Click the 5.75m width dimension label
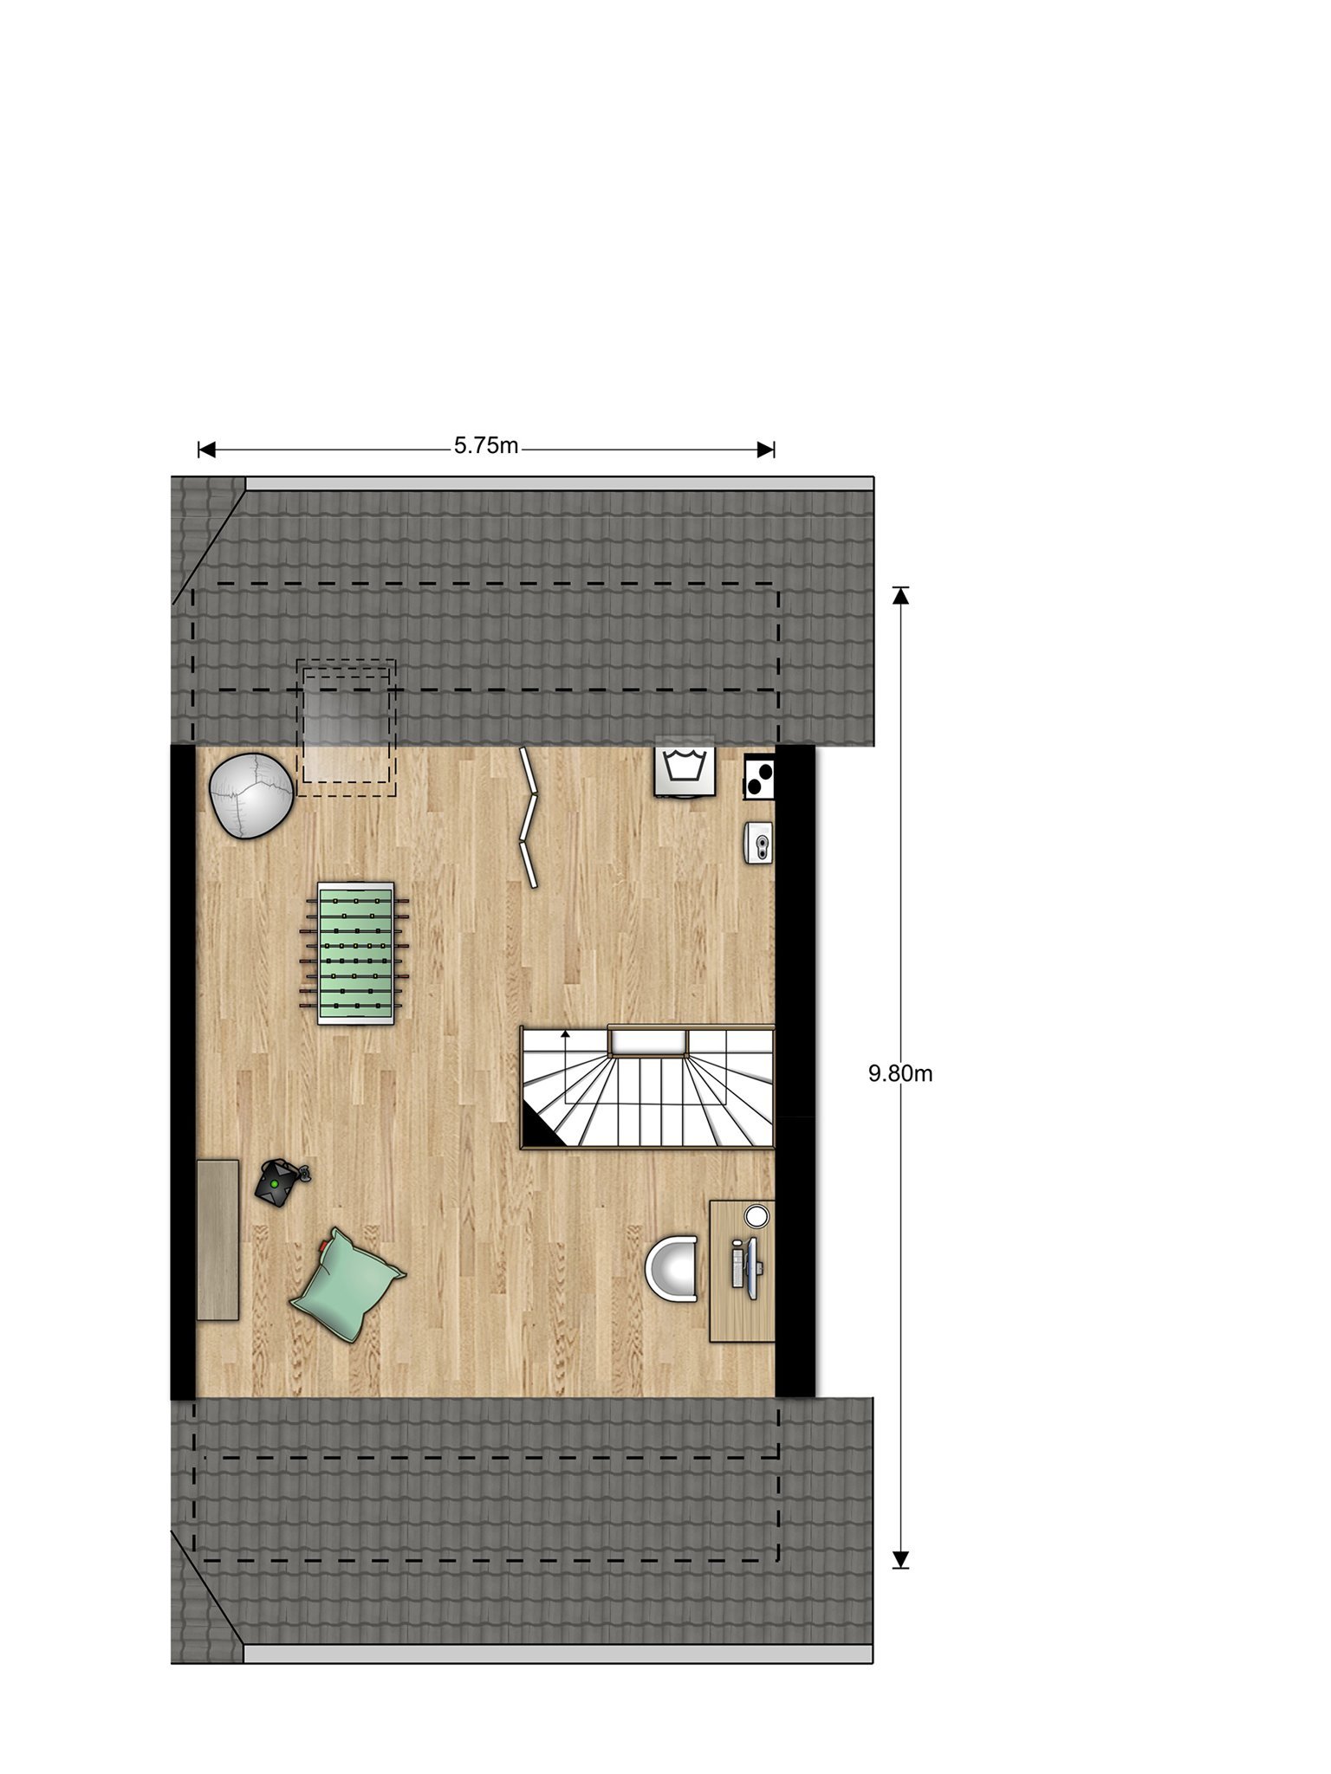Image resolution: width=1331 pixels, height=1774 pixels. point(486,446)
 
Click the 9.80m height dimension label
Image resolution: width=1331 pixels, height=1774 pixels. point(900,1074)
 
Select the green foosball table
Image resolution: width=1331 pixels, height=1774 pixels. point(355,953)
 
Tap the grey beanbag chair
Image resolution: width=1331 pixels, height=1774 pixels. point(251,795)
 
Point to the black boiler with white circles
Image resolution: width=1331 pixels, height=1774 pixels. point(759,776)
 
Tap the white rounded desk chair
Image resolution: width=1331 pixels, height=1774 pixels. point(672,1268)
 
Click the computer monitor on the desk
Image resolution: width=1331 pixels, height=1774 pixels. point(750,1266)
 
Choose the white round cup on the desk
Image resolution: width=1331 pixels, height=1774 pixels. point(756,1216)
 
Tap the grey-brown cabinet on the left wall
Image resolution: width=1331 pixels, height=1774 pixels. point(218,1240)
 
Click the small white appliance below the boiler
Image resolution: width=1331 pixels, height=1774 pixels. point(759,842)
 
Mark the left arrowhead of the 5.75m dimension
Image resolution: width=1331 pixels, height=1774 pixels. point(206,449)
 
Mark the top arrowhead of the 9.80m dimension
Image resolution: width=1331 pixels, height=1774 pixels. point(901,595)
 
